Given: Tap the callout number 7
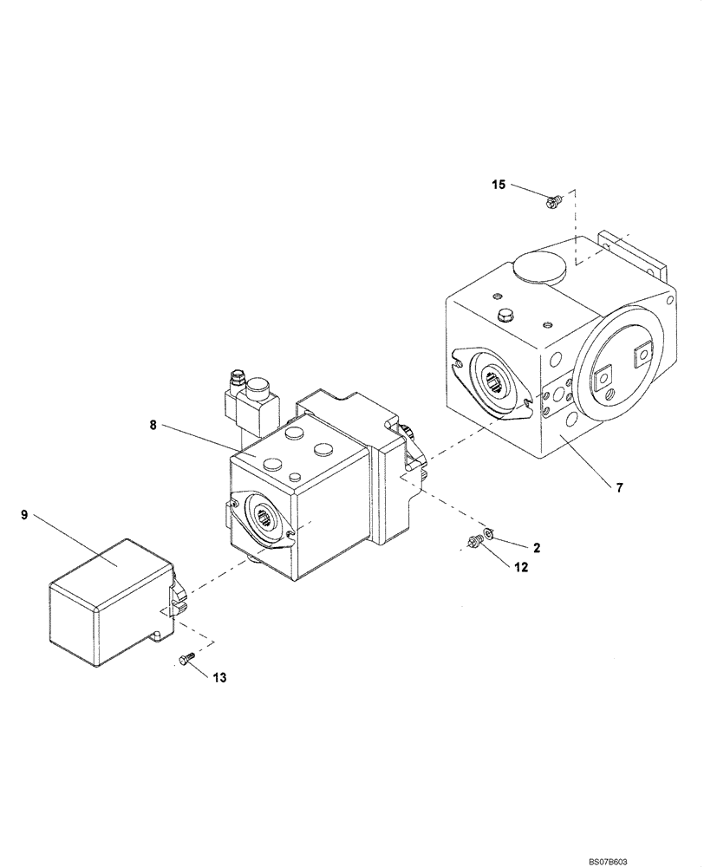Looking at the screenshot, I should (619, 488).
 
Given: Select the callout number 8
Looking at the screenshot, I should (154, 425).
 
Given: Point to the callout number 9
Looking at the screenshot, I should (24, 515).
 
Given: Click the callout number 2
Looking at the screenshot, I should (537, 548).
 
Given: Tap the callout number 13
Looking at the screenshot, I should (221, 677).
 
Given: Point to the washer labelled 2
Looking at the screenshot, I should (488, 532).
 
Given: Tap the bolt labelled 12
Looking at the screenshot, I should (473, 543).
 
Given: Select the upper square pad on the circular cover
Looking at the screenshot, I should (644, 353).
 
